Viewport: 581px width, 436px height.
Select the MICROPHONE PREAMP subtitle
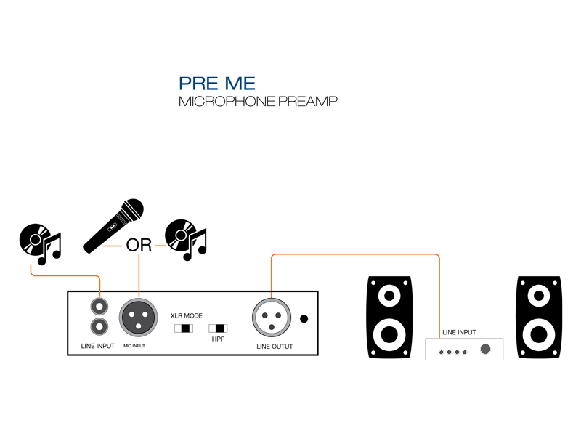click(258, 102)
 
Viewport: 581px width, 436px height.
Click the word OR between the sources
click(139, 245)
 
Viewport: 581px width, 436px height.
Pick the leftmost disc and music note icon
click(41, 241)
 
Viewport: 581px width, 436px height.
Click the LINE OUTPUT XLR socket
click(270, 318)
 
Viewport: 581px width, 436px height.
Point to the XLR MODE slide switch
click(184, 328)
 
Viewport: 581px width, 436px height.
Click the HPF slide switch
click(218, 328)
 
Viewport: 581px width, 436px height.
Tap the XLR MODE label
click(186, 316)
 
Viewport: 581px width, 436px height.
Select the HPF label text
click(218, 339)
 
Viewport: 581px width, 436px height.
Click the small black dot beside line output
click(304, 318)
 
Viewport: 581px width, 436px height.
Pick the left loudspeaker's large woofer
click(391, 334)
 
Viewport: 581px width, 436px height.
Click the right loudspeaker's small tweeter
click(538, 296)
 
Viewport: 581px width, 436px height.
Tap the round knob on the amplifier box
click(487, 350)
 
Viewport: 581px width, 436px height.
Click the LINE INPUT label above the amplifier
click(459, 332)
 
